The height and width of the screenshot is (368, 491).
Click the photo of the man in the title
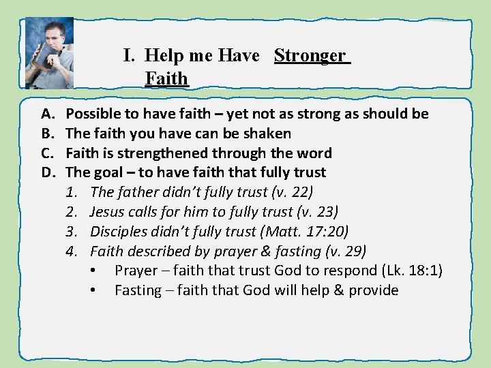pyautogui.click(x=48, y=53)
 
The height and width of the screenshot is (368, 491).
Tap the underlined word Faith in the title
pyautogui.click(x=166, y=78)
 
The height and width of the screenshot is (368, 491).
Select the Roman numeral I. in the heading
pyautogui.click(x=131, y=55)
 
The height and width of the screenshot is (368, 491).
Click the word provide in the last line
pyautogui.click(x=374, y=291)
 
